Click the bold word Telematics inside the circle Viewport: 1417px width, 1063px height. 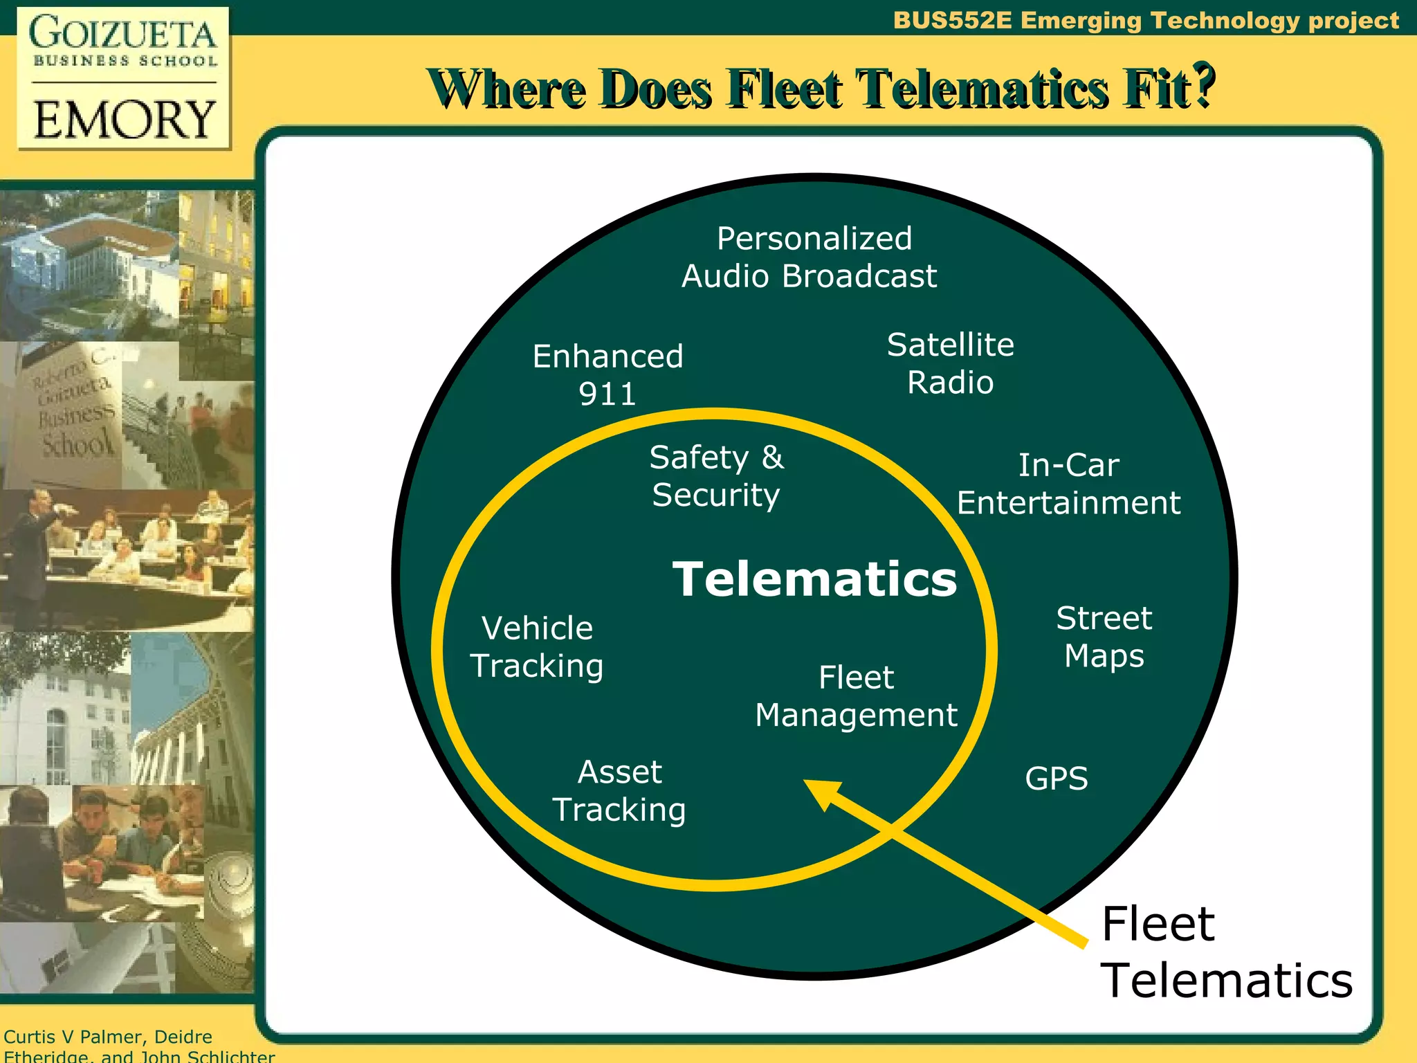click(x=814, y=579)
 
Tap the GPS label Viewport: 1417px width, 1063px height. click(x=1056, y=779)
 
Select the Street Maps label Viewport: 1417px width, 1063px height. click(x=1104, y=637)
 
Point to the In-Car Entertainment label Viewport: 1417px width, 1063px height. click(x=1068, y=484)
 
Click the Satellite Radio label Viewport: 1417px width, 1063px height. click(x=950, y=363)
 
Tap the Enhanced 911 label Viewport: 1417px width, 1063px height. click(x=607, y=375)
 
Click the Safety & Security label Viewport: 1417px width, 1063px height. click(x=716, y=476)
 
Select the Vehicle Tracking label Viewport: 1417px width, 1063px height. click(x=537, y=647)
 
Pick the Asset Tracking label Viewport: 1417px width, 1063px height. click(x=619, y=791)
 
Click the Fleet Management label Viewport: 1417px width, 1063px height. click(x=856, y=696)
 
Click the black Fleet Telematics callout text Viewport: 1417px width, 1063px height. click(x=1226, y=952)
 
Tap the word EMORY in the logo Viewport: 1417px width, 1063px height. click(x=125, y=119)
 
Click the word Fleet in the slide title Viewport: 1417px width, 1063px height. click(x=786, y=89)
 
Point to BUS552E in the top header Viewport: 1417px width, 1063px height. click(x=952, y=21)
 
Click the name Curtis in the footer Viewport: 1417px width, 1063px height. click(x=30, y=1037)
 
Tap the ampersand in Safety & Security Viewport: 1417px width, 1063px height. click(x=772, y=457)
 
